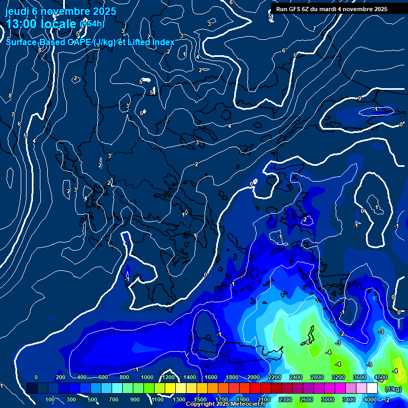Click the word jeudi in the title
17,11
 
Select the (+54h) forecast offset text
92,24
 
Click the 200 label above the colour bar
61,377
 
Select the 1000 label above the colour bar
147,377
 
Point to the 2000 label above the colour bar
253,377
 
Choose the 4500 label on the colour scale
380,377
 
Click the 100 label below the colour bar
50,399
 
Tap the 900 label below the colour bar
135,399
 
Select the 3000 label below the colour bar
328,399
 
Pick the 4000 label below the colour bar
370,399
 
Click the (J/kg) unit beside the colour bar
393,389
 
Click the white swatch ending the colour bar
372,388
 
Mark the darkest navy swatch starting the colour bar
32,388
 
